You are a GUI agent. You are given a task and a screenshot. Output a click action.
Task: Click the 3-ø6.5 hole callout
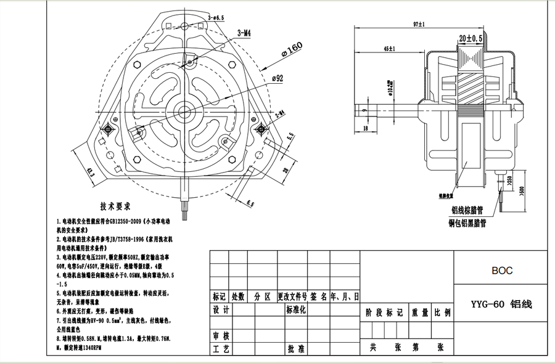(217, 18)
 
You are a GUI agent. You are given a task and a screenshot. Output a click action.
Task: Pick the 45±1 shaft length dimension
(389, 47)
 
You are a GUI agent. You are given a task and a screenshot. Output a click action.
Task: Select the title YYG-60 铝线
(501, 304)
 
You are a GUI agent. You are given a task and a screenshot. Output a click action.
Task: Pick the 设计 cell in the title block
(221, 309)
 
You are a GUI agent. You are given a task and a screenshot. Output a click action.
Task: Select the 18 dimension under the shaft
(366, 128)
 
